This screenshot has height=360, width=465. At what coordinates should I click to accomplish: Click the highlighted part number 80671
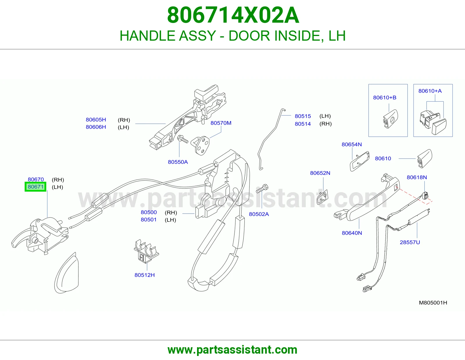pyautogui.click(x=35, y=187)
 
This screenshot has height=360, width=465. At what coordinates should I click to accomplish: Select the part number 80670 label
pyautogui.click(x=36, y=179)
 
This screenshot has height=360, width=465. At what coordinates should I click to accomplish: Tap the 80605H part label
pyautogui.click(x=96, y=120)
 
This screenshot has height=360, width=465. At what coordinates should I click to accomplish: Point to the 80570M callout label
pyautogui.click(x=221, y=123)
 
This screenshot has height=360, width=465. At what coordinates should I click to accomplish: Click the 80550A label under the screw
pyautogui.click(x=178, y=162)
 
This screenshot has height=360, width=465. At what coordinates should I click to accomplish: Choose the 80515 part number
pyautogui.click(x=303, y=116)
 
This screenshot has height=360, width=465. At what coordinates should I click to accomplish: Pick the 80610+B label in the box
pyautogui.click(x=385, y=98)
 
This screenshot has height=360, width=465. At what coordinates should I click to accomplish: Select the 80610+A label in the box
pyautogui.click(x=430, y=91)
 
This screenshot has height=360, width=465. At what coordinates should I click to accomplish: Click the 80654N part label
pyautogui.click(x=352, y=144)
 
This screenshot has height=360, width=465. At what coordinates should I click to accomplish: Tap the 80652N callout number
pyautogui.click(x=320, y=173)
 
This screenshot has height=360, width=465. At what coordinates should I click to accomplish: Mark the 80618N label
pyautogui.click(x=417, y=177)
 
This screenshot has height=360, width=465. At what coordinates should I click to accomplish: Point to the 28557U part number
pyautogui.click(x=410, y=242)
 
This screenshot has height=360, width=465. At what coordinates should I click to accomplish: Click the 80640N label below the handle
pyautogui.click(x=352, y=233)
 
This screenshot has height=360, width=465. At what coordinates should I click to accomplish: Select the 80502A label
pyautogui.click(x=259, y=214)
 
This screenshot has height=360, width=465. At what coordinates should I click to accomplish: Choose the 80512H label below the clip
pyautogui.click(x=145, y=275)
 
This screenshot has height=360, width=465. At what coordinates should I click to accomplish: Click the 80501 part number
pyautogui.click(x=149, y=219)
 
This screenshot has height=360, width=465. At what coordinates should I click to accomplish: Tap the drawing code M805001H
pyautogui.click(x=433, y=303)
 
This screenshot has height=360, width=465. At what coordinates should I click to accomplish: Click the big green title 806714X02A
pyautogui.click(x=233, y=15)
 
